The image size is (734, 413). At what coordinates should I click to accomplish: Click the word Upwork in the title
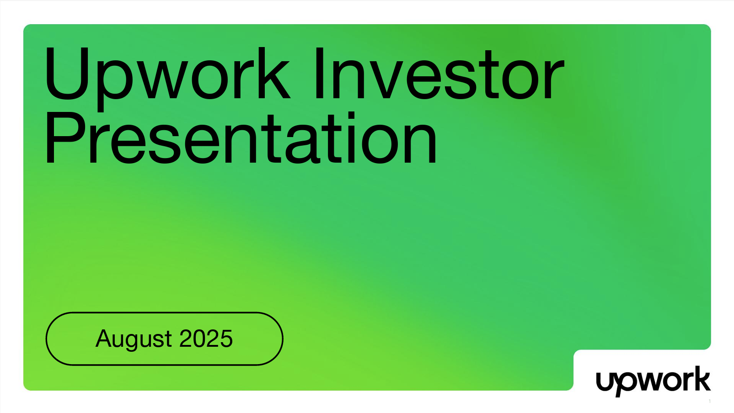[x=167, y=79]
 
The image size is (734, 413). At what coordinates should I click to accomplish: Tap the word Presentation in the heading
[x=241, y=138]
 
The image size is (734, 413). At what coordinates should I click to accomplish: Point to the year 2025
[x=206, y=339]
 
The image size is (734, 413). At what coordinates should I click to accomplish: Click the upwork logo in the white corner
[x=653, y=381]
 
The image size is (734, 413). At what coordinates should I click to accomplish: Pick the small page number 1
[x=709, y=401]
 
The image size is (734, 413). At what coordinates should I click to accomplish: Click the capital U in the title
[x=67, y=73]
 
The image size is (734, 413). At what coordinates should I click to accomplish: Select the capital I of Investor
[x=319, y=73]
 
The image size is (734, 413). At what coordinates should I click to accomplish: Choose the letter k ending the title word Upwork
[x=274, y=73]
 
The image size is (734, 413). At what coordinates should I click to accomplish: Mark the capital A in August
[x=106, y=339]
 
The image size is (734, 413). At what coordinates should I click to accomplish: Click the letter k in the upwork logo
[x=701, y=378]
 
